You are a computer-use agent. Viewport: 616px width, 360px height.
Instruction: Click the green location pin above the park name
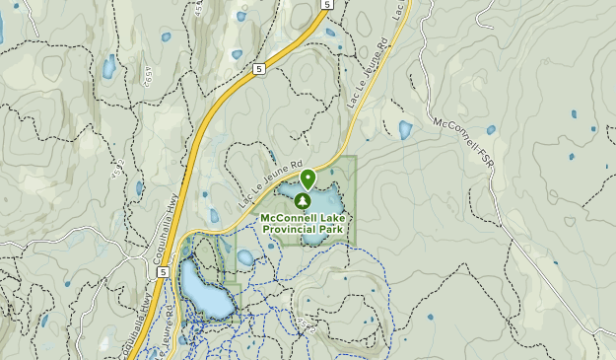[308, 179]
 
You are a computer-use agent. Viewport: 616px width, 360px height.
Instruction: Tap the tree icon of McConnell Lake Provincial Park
[302, 199]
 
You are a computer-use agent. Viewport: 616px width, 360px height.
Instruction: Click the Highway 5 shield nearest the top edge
[325, 5]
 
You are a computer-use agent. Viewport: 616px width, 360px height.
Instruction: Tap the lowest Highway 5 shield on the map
[161, 270]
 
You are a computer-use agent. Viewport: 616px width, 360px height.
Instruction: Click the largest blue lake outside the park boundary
[206, 292]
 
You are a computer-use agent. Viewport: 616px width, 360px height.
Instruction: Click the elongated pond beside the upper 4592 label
[107, 66]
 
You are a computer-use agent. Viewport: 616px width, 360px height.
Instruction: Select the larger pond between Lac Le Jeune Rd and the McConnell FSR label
[405, 129]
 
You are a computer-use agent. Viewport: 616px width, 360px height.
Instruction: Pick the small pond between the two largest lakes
[244, 257]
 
